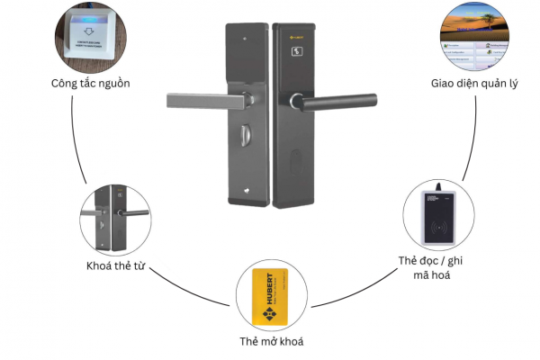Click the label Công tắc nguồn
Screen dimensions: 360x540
[91, 84]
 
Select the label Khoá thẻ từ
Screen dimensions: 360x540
[115, 266]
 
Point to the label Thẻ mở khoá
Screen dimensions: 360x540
[270, 343]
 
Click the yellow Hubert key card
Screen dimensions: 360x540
[271, 296]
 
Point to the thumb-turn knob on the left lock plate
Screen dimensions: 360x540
[245, 141]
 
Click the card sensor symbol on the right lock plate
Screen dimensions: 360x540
[298, 53]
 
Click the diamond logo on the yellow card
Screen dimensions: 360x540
[267, 316]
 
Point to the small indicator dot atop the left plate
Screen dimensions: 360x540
[245, 39]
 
